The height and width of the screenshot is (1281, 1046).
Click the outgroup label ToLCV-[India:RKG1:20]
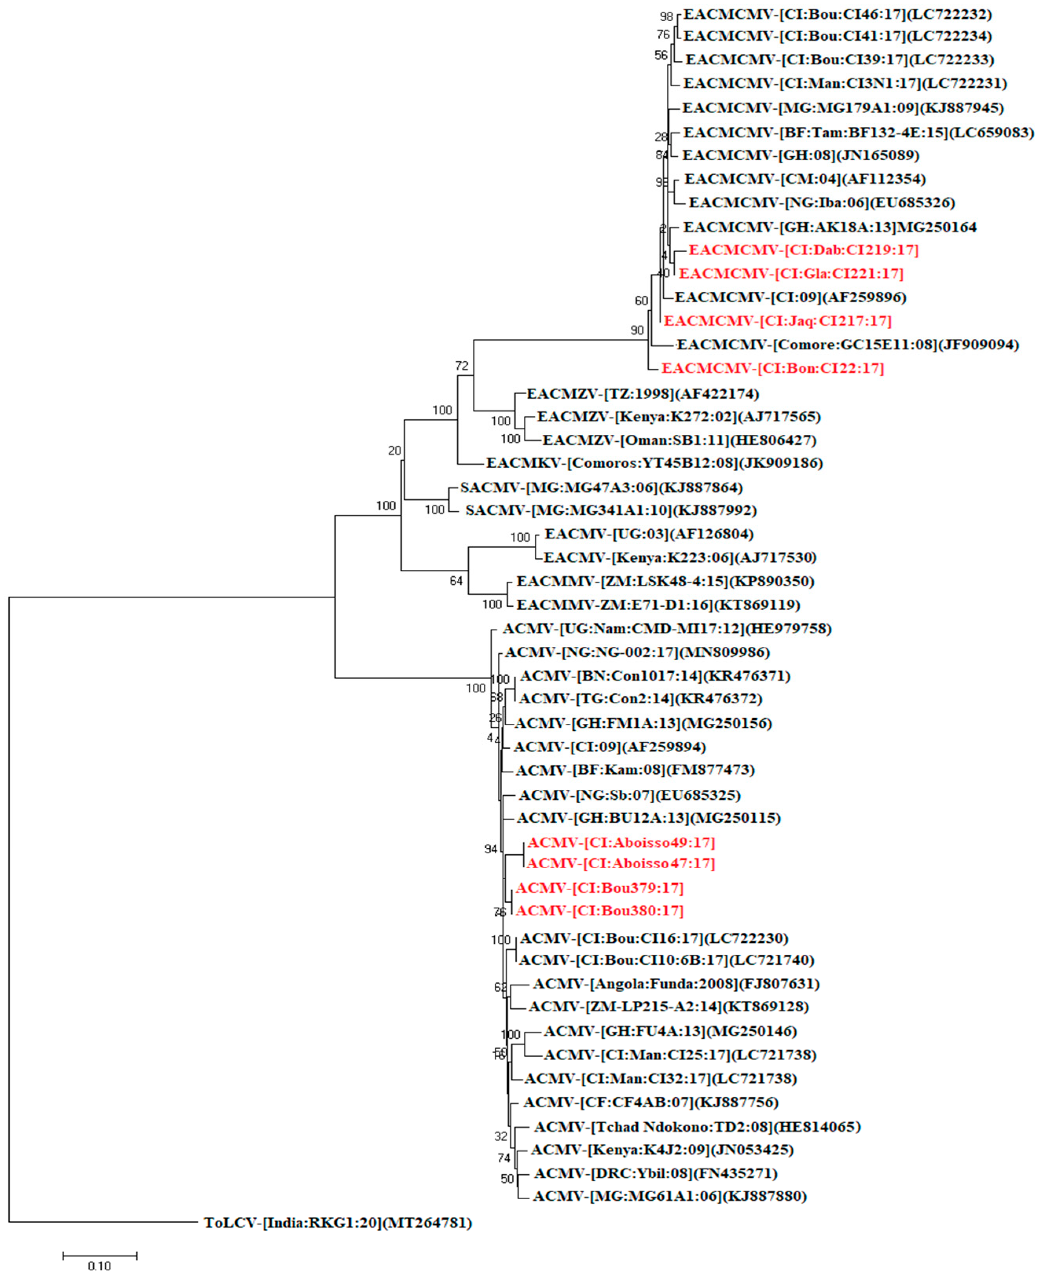[338, 1222]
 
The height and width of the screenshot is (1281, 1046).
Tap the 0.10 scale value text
[99, 1266]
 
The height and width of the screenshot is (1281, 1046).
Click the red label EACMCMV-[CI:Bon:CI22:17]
[773, 368]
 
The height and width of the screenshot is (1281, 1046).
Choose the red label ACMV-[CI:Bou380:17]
[600, 911]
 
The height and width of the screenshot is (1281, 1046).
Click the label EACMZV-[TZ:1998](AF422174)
[642, 394]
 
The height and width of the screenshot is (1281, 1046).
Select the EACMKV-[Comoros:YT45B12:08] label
[654, 463]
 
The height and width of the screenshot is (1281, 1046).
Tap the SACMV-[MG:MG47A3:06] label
[601, 487]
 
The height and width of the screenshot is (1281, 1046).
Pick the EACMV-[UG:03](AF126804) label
[649, 534]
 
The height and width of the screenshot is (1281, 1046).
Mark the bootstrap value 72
[462, 366]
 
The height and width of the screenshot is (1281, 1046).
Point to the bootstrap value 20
[395, 450]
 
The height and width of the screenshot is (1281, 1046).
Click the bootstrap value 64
[456, 580]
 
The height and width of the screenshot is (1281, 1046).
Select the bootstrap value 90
[637, 330]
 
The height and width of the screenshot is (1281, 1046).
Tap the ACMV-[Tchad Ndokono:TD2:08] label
[697, 1127]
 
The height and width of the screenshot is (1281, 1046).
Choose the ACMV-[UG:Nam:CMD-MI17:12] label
[667, 629]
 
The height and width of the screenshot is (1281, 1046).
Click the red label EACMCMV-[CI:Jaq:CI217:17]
[777, 321]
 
